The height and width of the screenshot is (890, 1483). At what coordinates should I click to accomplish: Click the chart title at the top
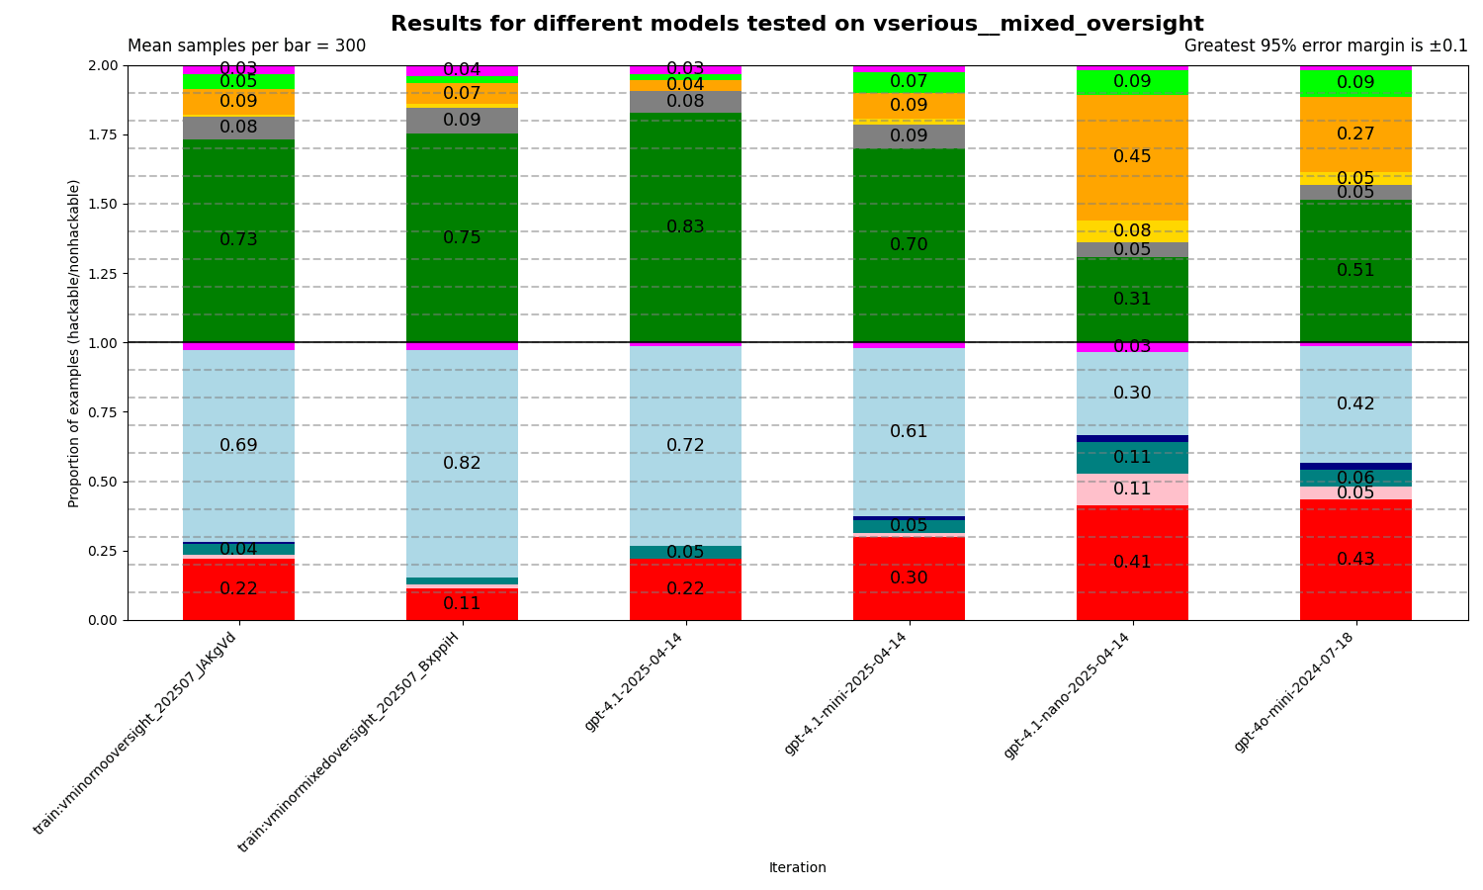[797, 24]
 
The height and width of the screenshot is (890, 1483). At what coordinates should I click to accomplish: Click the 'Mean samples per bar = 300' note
[246, 46]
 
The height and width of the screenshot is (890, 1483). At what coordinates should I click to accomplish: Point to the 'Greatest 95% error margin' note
[1325, 46]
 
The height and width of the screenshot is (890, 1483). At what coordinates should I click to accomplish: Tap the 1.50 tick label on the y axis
[103, 205]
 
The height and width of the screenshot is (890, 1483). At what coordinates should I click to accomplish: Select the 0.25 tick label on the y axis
[103, 551]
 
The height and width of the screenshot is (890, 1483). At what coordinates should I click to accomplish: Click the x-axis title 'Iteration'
[797, 868]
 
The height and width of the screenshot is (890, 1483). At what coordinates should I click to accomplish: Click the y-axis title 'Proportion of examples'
[75, 343]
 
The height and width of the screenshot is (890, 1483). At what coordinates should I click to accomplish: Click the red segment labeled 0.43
[1355, 560]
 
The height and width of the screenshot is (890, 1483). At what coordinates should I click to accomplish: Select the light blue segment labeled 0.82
[462, 463]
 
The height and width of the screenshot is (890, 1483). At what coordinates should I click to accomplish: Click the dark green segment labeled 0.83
[685, 227]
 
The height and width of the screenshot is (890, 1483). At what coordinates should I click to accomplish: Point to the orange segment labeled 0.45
[1132, 157]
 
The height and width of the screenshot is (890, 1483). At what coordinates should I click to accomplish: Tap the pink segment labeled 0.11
[1132, 489]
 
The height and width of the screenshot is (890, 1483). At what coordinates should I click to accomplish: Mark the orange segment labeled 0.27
[1355, 134]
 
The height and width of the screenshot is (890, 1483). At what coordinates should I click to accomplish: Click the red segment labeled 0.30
[909, 578]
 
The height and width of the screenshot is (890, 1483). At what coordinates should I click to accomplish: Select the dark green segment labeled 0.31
[1132, 300]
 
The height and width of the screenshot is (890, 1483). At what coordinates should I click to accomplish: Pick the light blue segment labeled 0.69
[238, 446]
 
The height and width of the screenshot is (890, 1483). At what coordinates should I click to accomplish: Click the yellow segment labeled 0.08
[1132, 231]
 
